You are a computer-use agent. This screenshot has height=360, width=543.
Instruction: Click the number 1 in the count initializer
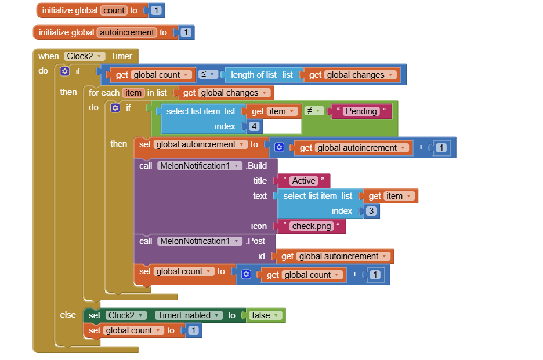point(156,10)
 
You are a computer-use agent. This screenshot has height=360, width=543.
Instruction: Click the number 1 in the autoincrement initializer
point(186,32)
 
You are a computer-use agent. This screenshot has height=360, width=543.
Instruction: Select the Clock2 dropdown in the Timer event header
point(85,56)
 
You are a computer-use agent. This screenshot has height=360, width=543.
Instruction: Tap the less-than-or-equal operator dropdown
point(208,74)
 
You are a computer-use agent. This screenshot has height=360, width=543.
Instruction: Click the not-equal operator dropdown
point(314,111)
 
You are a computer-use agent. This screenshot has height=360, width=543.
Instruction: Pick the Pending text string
point(361,111)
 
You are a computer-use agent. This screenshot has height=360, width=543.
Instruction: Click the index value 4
point(255,126)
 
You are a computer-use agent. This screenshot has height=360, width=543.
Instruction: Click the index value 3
point(371,211)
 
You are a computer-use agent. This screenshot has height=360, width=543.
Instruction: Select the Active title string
point(304,181)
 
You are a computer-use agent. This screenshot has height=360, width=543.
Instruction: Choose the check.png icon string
point(312,226)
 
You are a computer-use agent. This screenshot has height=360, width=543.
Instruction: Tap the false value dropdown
point(265,315)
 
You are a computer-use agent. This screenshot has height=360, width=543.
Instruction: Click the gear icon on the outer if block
point(65,71)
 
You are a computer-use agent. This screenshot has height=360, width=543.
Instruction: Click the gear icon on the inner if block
point(115,108)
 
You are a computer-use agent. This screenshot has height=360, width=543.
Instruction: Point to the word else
point(68,315)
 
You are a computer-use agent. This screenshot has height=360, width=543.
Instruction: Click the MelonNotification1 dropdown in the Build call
point(200,166)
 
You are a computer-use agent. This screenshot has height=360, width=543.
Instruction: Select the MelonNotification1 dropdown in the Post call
point(200,241)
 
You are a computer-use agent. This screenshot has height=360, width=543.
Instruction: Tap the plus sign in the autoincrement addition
point(421,147)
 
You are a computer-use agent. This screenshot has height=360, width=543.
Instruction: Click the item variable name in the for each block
point(133,93)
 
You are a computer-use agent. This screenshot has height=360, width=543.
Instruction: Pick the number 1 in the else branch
point(193,330)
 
